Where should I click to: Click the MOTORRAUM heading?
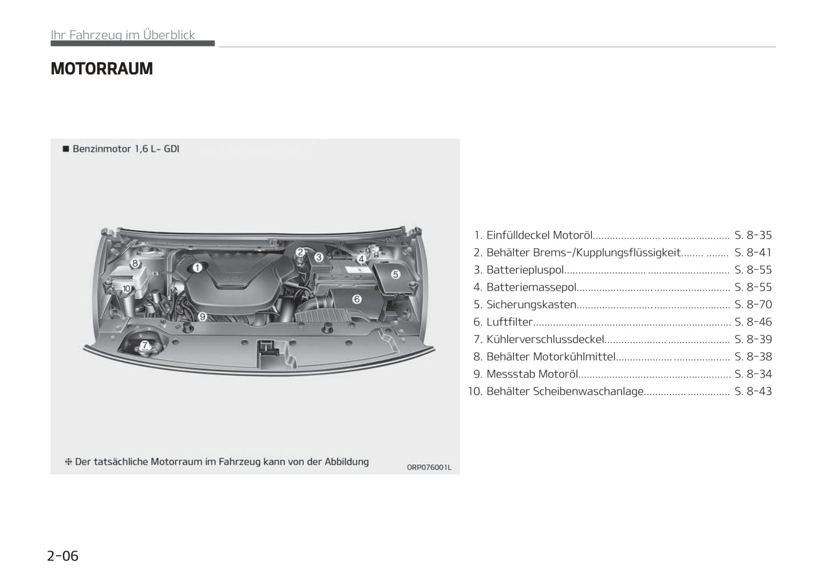pyautogui.click(x=101, y=69)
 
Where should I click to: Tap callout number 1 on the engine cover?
pyautogui.click(x=197, y=267)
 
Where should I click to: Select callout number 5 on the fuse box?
pyautogui.click(x=395, y=274)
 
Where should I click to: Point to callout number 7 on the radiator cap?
pyautogui.click(x=144, y=345)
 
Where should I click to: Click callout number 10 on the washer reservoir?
pyautogui.click(x=126, y=288)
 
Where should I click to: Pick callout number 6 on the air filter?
pyautogui.click(x=357, y=299)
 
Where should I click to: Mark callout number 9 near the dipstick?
pyautogui.click(x=203, y=316)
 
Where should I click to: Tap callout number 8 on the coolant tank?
pyautogui.click(x=135, y=263)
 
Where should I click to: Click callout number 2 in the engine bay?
pyautogui.click(x=300, y=252)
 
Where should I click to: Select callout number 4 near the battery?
pyautogui.click(x=361, y=259)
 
